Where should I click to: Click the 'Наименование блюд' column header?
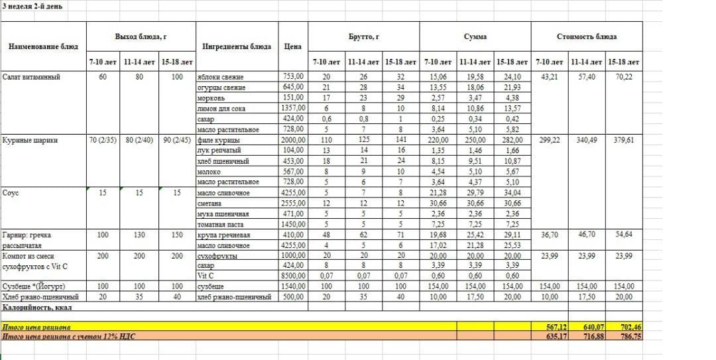(43, 46)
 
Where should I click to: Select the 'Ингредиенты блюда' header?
(237, 46)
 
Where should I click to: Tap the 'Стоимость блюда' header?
(586, 36)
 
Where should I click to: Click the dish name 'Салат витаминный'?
(31, 77)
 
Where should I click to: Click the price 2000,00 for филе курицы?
(292, 140)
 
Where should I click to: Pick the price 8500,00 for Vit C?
(292, 276)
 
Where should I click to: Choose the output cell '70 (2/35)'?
(103, 140)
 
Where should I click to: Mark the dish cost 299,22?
(550, 140)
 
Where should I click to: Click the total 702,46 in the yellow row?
(626, 327)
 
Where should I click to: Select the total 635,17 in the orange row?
(550, 336)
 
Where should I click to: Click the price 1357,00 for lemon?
(292, 108)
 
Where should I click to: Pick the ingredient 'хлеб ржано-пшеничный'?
(235, 297)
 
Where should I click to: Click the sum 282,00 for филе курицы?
(512, 140)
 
